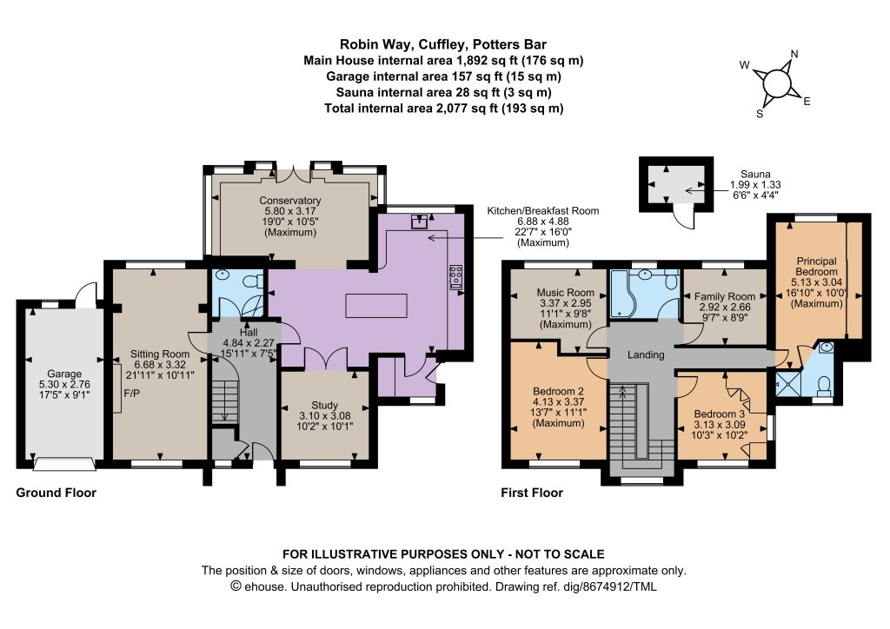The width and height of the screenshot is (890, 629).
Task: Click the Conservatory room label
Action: click(x=290, y=216)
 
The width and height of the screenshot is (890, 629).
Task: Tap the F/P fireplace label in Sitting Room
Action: click(x=131, y=393)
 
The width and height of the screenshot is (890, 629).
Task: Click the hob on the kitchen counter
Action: click(x=455, y=277)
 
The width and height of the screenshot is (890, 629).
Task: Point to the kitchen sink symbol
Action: click(x=420, y=222)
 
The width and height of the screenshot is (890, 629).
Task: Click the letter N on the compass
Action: click(x=794, y=55)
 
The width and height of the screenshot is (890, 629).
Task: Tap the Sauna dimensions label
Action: click(x=755, y=184)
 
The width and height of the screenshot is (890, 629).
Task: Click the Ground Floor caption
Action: click(x=56, y=493)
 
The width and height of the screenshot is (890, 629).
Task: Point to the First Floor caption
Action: click(x=532, y=493)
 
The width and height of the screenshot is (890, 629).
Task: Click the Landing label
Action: click(x=646, y=355)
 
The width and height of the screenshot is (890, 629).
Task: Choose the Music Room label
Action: click(x=565, y=308)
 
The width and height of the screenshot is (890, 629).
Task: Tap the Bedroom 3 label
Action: click(x=719, y=425)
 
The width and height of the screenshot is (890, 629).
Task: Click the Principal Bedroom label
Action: click(x=817, y=282)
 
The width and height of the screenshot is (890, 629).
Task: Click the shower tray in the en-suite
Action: click(x=787, y=384)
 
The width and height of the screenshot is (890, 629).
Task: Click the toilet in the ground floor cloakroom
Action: click(x=256, y=281)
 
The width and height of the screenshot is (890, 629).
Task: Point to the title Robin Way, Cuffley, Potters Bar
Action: click(x=443, y=44)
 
